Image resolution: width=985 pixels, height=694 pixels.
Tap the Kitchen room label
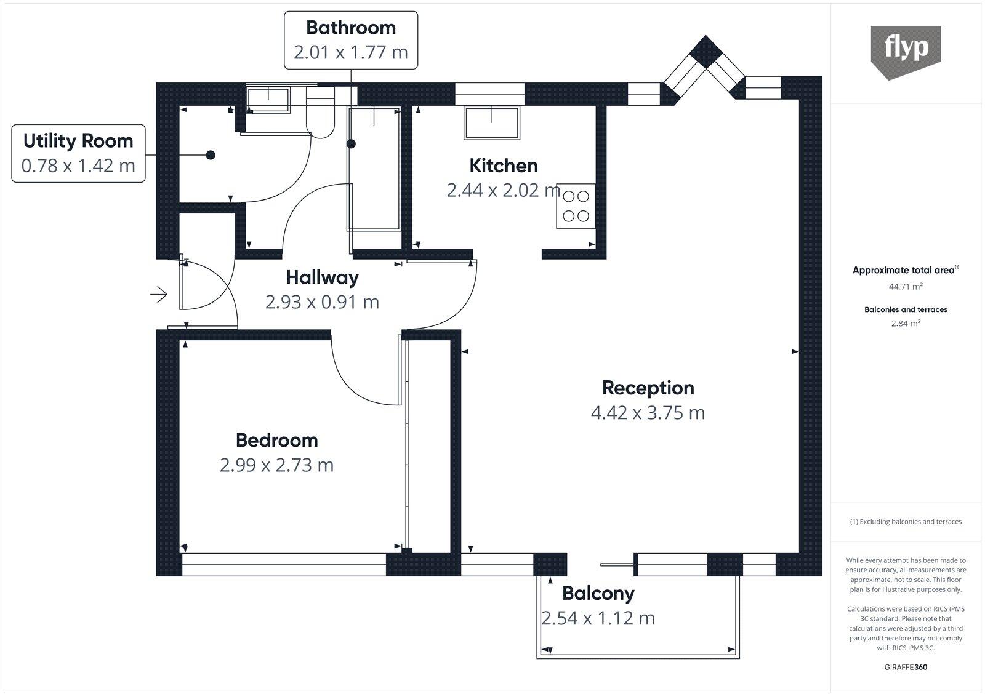[x=503, y=166]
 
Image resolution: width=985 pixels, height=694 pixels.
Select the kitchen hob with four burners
[x=576, y=206]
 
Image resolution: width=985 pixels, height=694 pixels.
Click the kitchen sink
[x=491, y=122]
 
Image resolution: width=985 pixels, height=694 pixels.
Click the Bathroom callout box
[x=351, y=39]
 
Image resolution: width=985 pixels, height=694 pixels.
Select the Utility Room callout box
[x=78, y=153]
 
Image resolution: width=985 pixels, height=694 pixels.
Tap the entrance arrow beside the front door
[x=159, y=295]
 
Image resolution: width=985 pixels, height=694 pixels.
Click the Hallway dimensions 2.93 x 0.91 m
[x=322, y=302]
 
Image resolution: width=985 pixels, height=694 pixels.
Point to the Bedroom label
[x=277, y=440]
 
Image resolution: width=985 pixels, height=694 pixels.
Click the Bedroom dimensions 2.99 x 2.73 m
[x=277, y=465]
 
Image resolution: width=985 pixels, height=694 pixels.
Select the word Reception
[x=648, y=388]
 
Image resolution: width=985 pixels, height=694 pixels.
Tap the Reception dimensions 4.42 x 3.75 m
[x=648, y=412]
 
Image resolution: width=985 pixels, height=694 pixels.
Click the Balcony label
[x=598, y=594]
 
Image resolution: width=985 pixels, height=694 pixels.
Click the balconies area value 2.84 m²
[x=906, y=323]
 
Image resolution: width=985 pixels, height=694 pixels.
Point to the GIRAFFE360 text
[x=906, y=668]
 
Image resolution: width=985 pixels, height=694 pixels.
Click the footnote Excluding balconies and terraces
[x=906, y=522]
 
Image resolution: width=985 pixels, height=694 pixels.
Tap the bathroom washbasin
[x=268, y=100]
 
